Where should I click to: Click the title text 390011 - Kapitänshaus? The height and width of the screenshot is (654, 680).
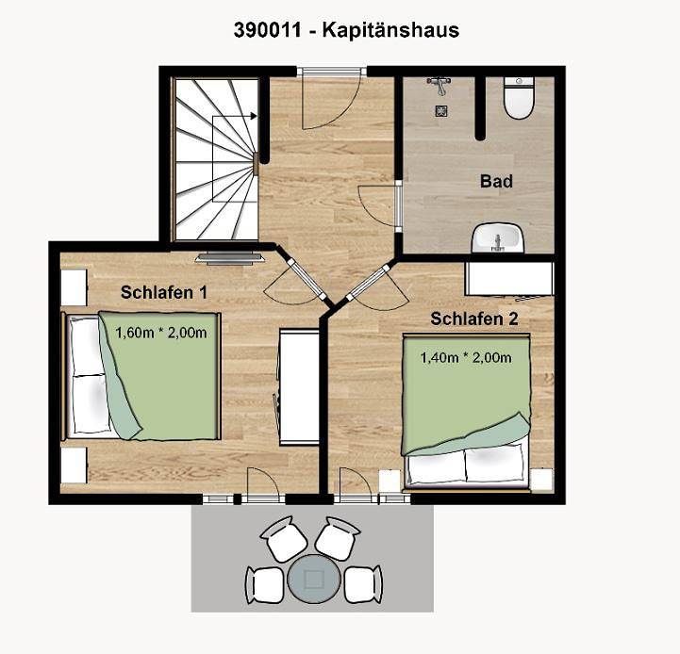point(346,30)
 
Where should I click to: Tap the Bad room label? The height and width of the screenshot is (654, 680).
point(496,180)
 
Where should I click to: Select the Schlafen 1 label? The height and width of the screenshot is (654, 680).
point(164,292)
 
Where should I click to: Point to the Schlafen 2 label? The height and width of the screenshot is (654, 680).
point(474,319)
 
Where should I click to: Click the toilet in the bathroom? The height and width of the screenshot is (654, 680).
point(518,100)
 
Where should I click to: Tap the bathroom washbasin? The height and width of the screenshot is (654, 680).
point(497,237)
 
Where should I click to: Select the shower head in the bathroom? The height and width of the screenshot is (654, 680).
point(440,86)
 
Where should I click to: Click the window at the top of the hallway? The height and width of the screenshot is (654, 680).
point(331,71)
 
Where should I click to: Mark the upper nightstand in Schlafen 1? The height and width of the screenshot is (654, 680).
point(74,286)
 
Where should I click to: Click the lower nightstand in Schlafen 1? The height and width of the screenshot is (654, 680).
point(74,466)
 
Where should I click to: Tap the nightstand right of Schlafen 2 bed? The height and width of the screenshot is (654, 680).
point(541,479)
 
